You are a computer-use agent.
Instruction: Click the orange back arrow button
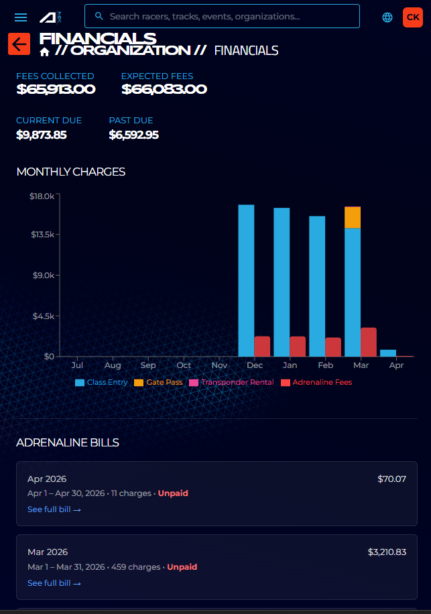(x=19, y=44)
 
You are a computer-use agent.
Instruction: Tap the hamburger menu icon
(x=21, y=17)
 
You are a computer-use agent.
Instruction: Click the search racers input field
(x=228, y=16)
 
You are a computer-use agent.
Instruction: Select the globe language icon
(x=387, y=17)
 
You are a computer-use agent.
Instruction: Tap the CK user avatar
(x=412, y=17)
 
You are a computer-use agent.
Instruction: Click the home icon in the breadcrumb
(x=45, y=52)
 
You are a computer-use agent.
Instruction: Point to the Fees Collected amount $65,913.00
(x=56, y=89)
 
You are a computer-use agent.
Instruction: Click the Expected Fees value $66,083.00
(x=164, y=89)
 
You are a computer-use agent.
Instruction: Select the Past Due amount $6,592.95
(x=133, y=135)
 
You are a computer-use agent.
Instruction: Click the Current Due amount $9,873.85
(x=42, y=135)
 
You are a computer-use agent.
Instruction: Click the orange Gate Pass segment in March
(x=353, y=217)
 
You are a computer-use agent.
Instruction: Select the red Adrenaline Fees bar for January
(x=298, y=347)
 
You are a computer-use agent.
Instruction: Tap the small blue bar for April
(x=388, y=353)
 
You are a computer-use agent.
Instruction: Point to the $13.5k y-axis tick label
(x=42, y=235)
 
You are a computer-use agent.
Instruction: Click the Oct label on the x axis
(x=184, y=366)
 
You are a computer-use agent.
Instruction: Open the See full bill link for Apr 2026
(x=54, y=509)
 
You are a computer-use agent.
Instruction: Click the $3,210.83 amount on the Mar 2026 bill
(x=387, y=552)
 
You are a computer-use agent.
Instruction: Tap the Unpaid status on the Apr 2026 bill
(x=173, y=493)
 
